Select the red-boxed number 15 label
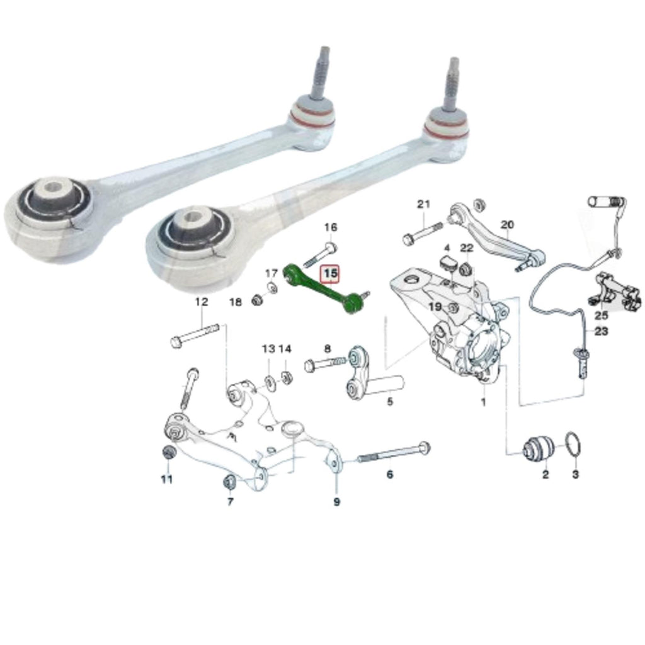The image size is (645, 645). point(331,275)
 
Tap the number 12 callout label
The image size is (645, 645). point(201,302)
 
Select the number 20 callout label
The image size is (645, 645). point(507,225)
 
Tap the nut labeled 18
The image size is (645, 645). point(256,300)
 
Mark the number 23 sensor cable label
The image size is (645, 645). point(601,331)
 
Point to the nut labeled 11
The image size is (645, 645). point(168,452)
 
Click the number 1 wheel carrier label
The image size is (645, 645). point(483,401)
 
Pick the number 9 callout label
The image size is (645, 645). point(336,502)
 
